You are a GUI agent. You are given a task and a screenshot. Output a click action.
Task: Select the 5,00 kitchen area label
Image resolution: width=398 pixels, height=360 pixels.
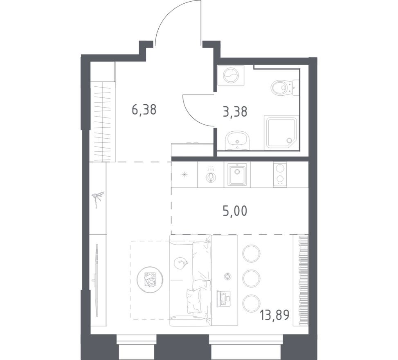(x=235, y=211)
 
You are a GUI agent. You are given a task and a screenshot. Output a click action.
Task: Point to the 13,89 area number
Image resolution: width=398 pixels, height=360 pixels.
(x=274, y=315)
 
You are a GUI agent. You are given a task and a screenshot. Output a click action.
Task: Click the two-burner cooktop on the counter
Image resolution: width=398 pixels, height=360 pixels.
(x=280, y=174)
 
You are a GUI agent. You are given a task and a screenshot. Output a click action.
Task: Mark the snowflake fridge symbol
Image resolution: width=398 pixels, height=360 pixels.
(x=184, y=175)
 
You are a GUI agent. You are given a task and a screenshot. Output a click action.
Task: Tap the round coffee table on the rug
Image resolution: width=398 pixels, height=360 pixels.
(x=150, y=279)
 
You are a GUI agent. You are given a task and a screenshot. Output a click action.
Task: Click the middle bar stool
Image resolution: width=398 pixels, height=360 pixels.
(x=251, y=278)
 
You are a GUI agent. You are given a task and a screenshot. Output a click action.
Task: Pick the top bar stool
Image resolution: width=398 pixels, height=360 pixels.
(x=251, y=253)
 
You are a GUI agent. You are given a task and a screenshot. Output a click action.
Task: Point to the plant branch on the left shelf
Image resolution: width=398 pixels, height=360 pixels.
(x=98, y=199)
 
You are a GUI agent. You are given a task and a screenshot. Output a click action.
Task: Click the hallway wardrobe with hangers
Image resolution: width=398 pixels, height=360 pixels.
(x=102, y=122)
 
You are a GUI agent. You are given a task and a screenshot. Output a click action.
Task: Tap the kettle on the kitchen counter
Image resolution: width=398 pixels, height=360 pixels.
(x=211, y=176)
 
